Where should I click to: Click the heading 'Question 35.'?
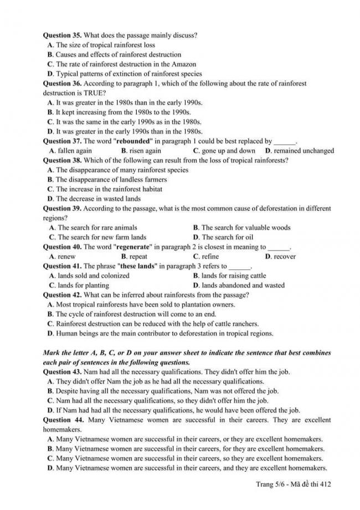[x=63, y=35]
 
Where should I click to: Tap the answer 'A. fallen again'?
[x=70, y=151]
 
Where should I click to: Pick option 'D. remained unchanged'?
[x=299, y=151]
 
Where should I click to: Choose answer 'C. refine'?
[x=205, y=257]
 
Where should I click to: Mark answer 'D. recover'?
[x=280, y=257]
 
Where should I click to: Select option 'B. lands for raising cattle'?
[x=229, y=276]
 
